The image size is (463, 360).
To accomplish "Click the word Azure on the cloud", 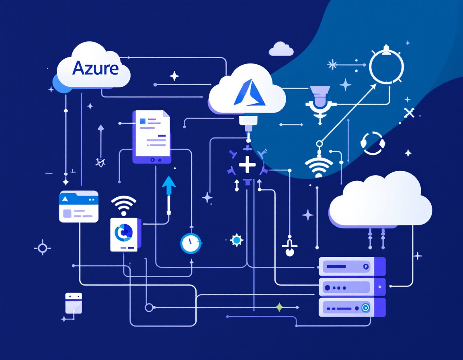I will coord(96,68).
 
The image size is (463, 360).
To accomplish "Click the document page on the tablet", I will coord(152,133).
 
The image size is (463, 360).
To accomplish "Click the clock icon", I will coord(190,243).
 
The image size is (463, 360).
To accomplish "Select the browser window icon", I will coord(79,206).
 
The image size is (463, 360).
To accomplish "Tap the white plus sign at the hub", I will coord(247,165).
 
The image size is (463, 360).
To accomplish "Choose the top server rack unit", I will coord(352,266).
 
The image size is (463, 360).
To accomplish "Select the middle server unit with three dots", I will coord(352,287).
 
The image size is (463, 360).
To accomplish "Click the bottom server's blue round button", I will coord(365,308).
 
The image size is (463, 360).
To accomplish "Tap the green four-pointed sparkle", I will coord(279,308).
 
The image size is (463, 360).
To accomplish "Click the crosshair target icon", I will coord(43,248).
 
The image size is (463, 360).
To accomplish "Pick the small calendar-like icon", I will coord(74,303).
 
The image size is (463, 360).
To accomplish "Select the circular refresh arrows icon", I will coord(373,143).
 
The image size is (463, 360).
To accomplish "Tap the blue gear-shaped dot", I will coord(237,240).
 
